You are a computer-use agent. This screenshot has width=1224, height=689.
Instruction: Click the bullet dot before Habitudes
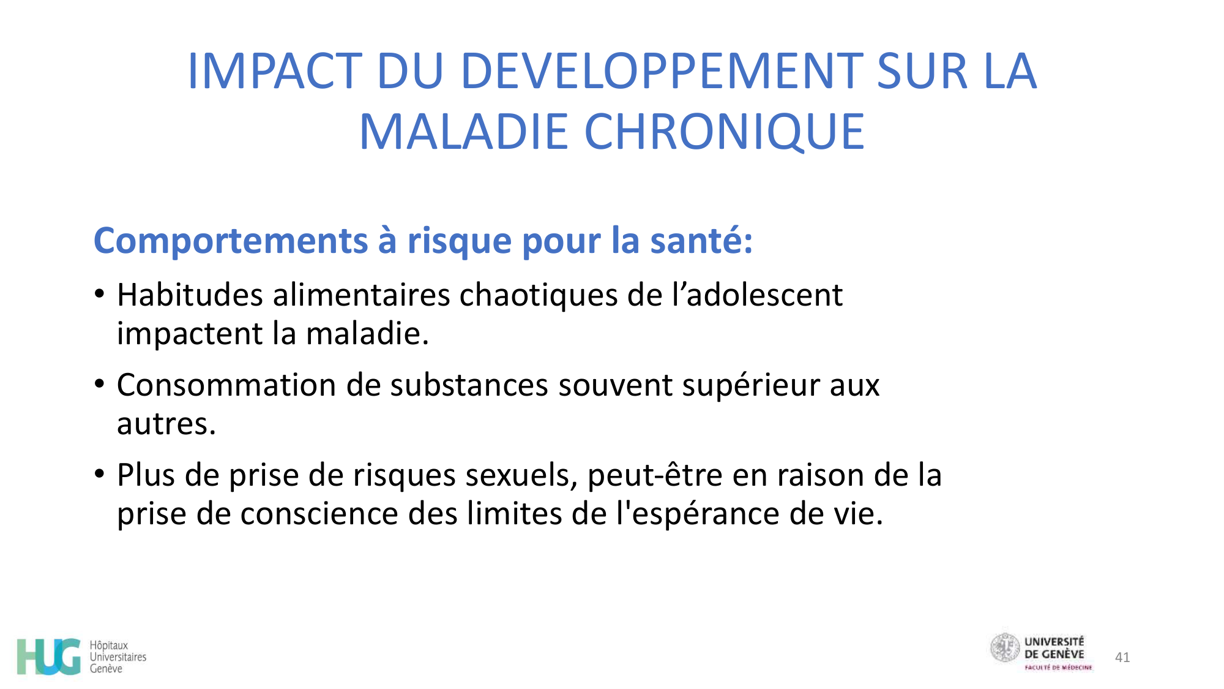coord(100,293)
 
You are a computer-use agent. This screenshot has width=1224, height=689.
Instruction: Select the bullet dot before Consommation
coord(100,384)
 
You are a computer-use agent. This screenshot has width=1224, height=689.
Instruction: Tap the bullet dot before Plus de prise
coord(100,473)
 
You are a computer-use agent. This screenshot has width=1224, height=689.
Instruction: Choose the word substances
coord(469,385)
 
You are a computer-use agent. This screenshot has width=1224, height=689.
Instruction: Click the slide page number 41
coord(1122,657)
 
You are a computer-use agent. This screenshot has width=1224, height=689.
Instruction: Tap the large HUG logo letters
coord(49,657)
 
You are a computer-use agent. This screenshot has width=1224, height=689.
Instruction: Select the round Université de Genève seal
coord(1005,648)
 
